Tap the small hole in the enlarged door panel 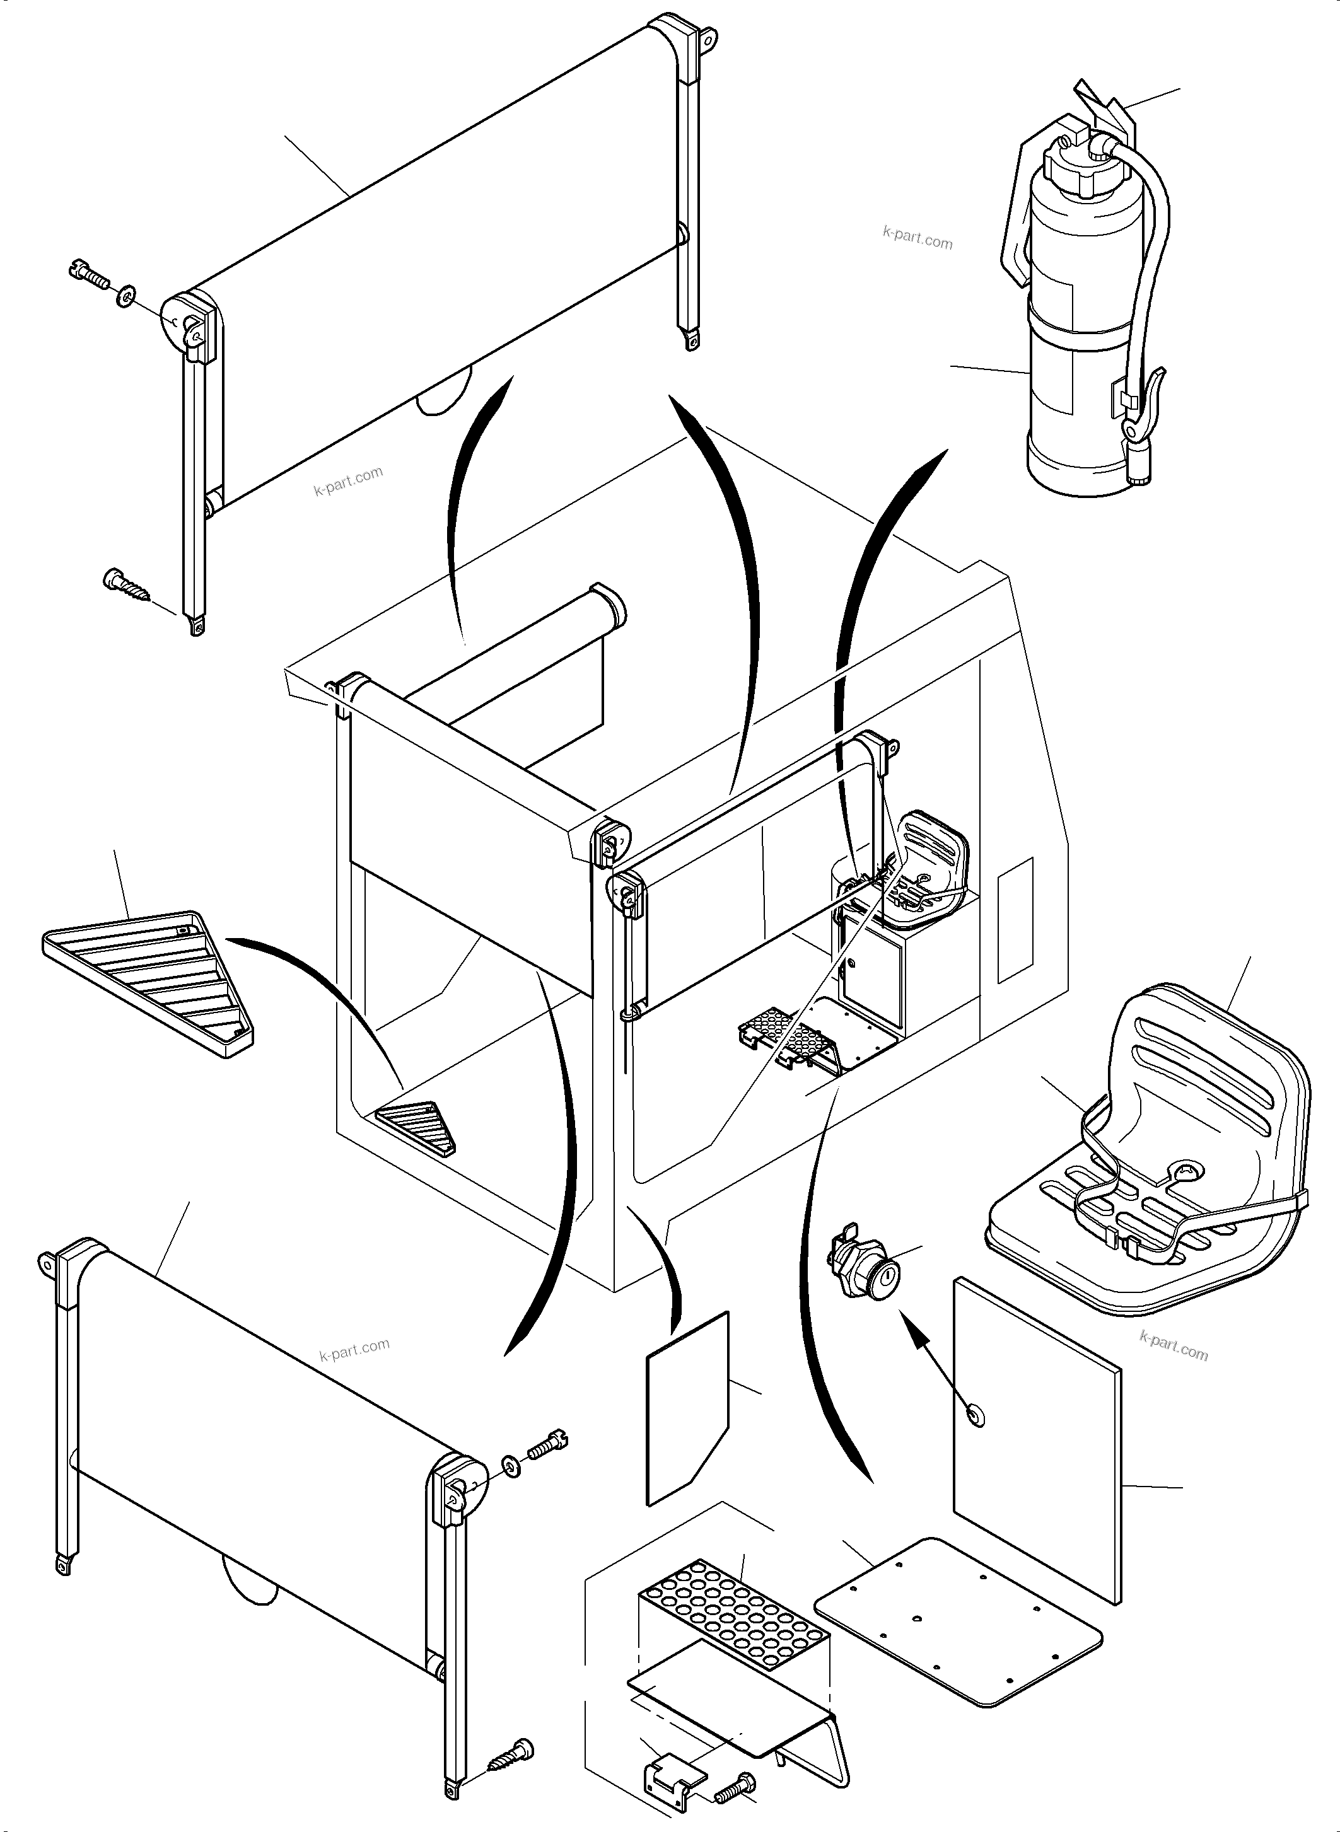pos(972,1416)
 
